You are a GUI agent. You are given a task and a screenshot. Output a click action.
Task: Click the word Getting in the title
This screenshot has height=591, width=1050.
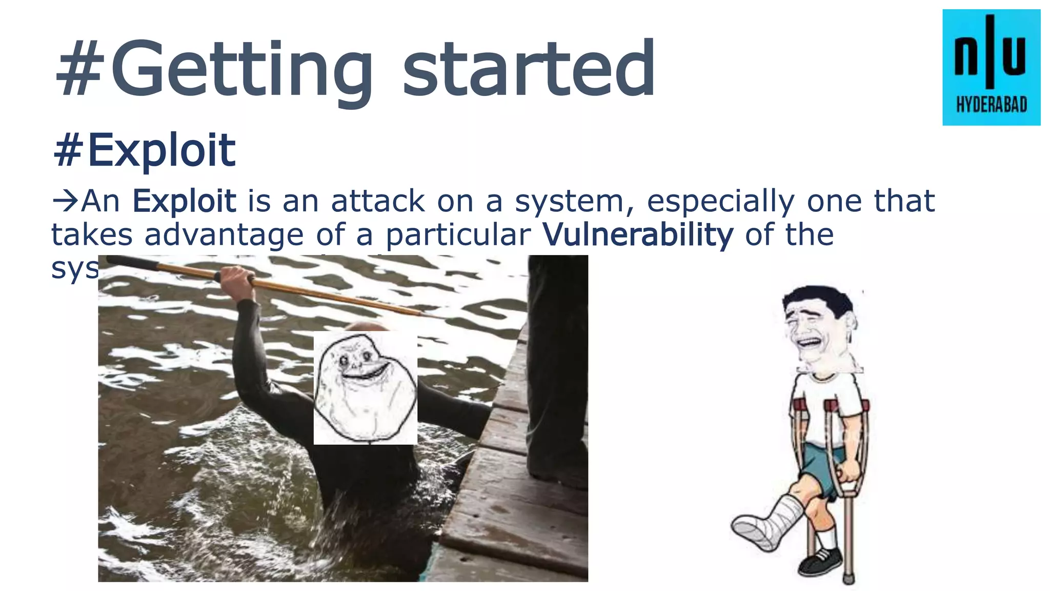241,69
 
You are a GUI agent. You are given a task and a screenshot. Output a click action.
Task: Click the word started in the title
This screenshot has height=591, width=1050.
528,69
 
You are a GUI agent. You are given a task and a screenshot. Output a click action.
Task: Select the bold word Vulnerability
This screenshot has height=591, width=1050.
638,235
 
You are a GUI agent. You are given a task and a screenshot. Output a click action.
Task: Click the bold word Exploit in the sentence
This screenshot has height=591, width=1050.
184,201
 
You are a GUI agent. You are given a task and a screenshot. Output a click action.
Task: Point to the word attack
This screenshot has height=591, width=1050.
378,201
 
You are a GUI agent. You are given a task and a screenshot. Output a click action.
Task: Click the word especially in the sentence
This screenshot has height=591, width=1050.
720,202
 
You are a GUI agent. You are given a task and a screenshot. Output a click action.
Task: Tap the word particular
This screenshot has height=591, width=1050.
458,235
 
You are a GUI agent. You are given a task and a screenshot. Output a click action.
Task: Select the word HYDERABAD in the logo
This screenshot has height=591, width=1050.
992,105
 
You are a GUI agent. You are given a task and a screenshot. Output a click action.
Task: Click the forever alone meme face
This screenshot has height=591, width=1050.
365,387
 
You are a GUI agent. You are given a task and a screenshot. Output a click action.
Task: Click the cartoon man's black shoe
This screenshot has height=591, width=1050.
819,562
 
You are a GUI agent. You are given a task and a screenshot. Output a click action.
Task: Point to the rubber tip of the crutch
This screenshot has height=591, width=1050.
849,580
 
